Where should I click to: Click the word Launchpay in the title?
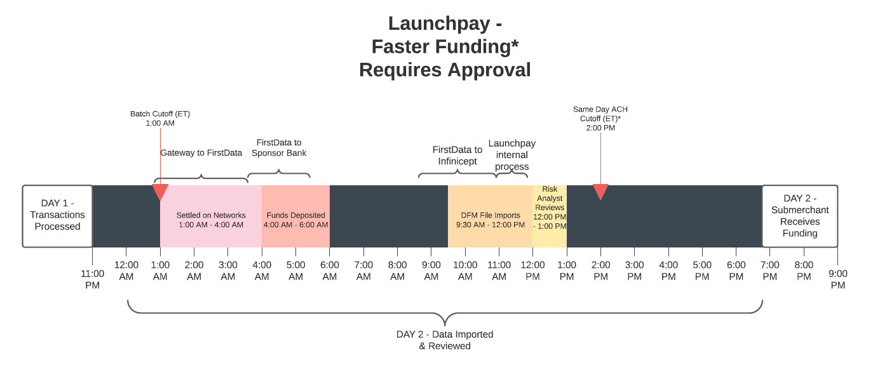439,23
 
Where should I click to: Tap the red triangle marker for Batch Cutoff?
160,192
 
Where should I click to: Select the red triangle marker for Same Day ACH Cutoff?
600,192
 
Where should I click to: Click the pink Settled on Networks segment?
211,216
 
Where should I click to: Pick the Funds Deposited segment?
296,216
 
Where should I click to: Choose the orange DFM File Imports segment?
491,216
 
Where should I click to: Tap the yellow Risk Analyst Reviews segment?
550,216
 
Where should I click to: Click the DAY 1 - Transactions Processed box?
57,216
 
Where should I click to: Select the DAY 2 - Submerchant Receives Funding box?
800,216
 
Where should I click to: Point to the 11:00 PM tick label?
92,279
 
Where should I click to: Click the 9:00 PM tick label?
838,279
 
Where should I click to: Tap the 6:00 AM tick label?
330,271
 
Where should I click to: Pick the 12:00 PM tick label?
532,271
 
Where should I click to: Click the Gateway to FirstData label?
201,152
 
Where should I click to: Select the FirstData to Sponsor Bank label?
279,147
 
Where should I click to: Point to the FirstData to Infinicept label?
457,155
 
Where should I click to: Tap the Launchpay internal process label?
512,155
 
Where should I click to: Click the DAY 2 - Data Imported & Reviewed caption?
445,340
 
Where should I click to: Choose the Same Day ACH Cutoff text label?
600,119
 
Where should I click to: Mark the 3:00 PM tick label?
635,271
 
